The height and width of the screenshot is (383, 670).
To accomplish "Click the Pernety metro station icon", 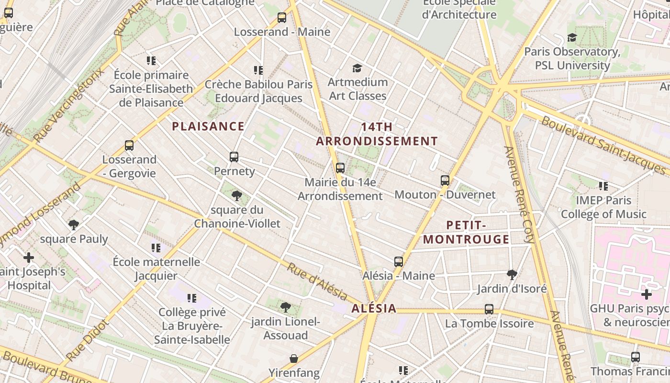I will pyautogui.click(x=234, y=157).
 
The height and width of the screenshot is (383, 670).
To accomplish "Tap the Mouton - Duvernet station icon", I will pyautogui.click(x=445, y=180).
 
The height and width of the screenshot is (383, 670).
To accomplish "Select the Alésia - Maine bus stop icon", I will pyautogui.click(x=399, y=262).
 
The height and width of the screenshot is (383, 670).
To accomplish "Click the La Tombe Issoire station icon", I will pyautogui.click(x=489, y=309).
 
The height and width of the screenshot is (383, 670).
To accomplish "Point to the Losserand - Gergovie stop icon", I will pyautogui.click(x=129, y=145).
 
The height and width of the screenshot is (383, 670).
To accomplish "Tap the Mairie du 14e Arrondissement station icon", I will pyautogui.click(x=340, y=168).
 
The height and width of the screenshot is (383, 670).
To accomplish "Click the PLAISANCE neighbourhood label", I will pyautogui.click(x=208, y=126).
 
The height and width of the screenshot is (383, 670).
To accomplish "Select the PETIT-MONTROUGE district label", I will pyautogui.click(x=467, y=232).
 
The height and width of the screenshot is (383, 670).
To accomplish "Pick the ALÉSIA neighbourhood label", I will pyautogui.click(x=374, y=308).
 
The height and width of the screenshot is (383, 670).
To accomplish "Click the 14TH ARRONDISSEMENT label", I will pyautogui.click(x=377, y=134).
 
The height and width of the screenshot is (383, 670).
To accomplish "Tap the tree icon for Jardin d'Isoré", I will pyautogui.click(x=512, y=274).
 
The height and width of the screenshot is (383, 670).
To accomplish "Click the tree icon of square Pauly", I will pyautogui.click(x=74, y=225).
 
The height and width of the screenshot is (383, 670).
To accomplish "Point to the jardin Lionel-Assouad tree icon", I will pyautogui.click(x=286, y=307).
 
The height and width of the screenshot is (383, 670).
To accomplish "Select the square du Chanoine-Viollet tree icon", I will pyautogui.click(x=237, y=195).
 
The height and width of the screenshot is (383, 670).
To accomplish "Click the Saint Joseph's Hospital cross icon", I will pyautogui.click(x=29, y=258).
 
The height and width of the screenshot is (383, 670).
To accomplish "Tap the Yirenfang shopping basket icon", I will pyautogui.click(x=294, y=359).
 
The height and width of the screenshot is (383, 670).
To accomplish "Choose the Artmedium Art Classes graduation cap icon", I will pyautogui.click(x=357, y=68).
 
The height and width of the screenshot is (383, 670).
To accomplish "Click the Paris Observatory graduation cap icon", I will pyautogui.click(x=572, y=37).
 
